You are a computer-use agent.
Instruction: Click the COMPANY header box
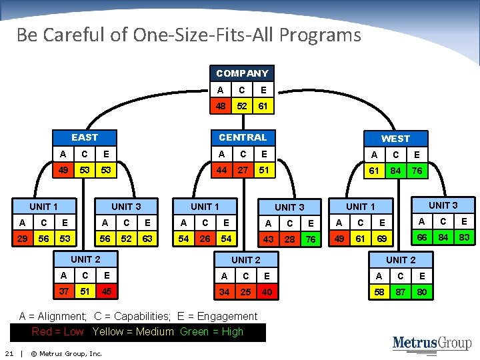point(242,73)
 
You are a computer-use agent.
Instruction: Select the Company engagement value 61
point(263,105)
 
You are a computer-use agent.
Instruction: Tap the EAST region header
point(85,137)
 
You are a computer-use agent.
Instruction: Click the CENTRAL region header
point(243,137)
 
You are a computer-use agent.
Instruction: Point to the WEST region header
point(395,139)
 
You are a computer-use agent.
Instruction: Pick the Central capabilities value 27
point(243,170)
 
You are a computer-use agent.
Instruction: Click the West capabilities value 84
point(395,171)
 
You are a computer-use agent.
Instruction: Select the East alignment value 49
point(63,170)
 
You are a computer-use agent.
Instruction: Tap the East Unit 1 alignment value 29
point(23,239)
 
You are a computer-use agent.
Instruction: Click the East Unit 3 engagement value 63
point(147,239)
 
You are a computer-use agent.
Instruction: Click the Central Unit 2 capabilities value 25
point(246,291)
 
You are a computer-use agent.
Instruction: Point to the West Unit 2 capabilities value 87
point(400,291)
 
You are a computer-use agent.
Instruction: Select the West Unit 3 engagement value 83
point(464,238)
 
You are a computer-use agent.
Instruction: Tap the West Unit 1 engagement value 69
point(382,239)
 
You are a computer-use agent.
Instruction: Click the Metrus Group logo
point(431,343)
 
